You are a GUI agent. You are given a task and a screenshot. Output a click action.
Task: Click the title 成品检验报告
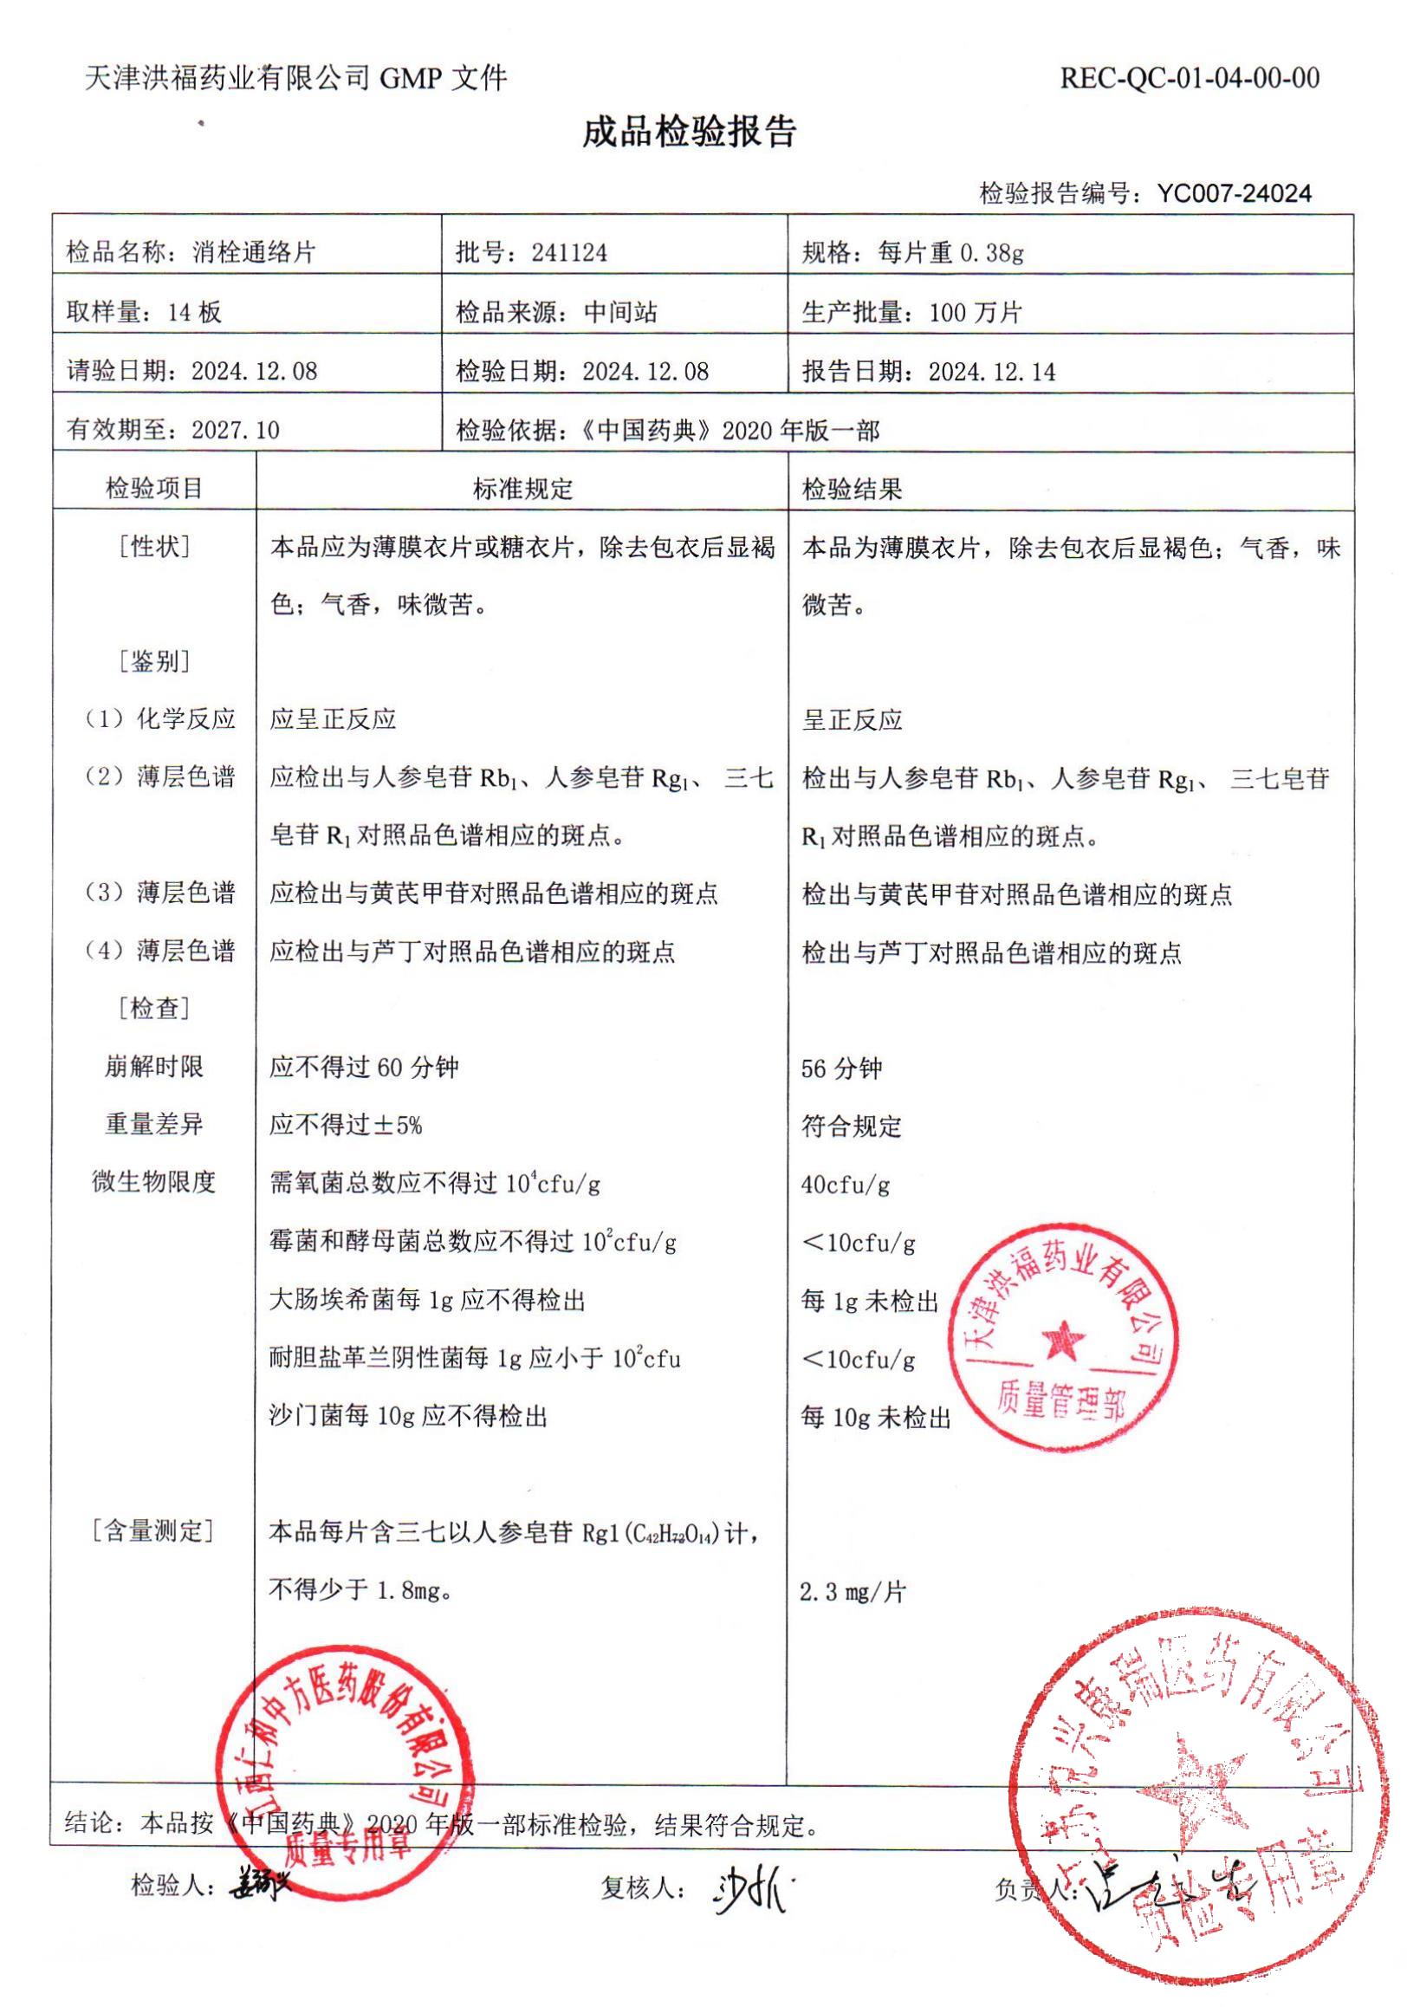(690, 133)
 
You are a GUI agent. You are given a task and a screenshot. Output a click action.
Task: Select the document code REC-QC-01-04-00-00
(1190, 79)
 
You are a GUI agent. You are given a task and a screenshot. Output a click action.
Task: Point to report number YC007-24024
(1234, 193)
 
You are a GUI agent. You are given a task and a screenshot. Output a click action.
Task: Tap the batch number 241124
(569, 254)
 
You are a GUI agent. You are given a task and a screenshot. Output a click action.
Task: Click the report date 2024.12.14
(992, 373)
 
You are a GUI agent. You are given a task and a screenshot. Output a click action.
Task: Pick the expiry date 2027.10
(235, 430)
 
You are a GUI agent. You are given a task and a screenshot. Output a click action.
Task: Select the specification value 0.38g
(992, 254)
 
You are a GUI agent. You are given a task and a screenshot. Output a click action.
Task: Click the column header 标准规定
(522, 489)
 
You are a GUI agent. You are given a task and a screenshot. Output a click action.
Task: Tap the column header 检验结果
(851, 490)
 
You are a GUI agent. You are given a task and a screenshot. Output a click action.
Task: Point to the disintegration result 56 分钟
(841, 1068)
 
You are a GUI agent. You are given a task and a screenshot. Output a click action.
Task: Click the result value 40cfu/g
(845, 1185)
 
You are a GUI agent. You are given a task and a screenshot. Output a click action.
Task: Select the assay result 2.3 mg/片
(852, 1593)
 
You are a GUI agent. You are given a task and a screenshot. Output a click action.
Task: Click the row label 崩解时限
(154, 1068)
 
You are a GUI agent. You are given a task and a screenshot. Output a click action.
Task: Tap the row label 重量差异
(154, 1125)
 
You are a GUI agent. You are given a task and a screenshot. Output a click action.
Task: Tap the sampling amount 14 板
(194, 313)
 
